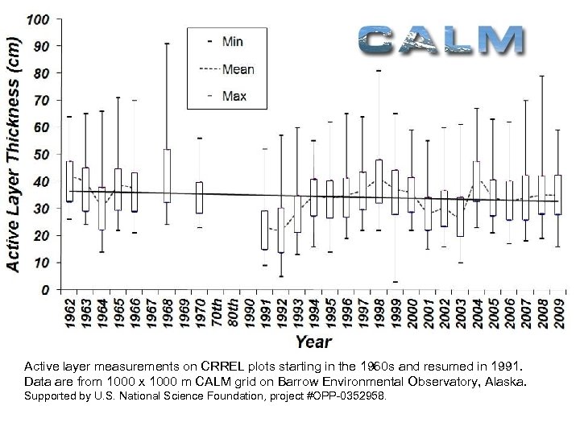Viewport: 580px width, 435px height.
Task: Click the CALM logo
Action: pos(441,40)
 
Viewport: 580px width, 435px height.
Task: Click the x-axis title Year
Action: pos(313,342)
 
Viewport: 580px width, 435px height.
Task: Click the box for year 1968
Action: pos(167,176)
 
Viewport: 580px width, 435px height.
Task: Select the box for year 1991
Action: pos(264,230)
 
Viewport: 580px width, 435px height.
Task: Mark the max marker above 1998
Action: pos(379,71)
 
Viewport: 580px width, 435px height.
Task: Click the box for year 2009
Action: pos(557,195)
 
